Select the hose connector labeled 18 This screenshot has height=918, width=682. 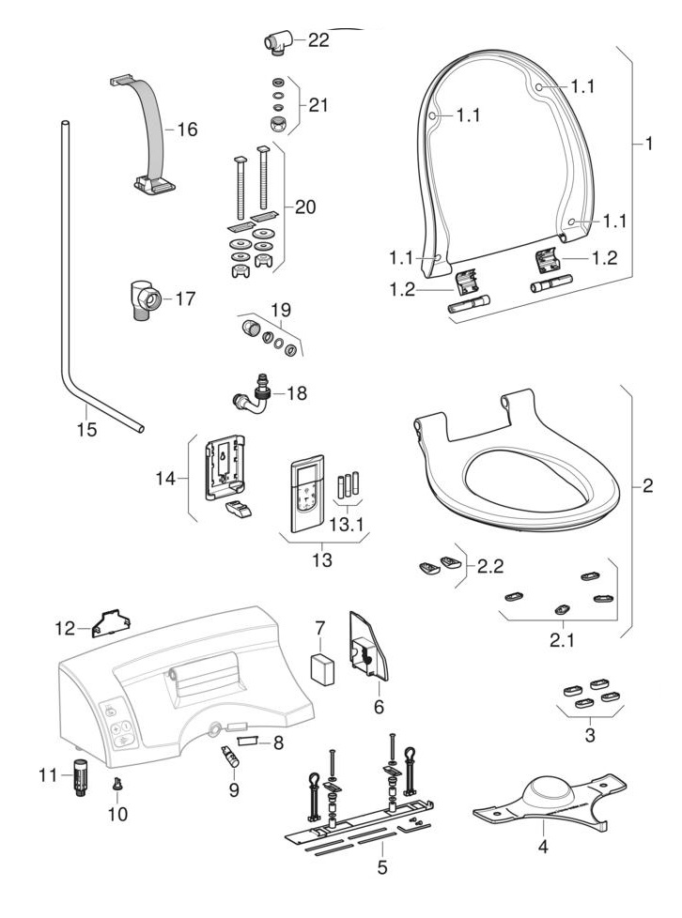tap(252, 395)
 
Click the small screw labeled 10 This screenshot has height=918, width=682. tap(116, 785)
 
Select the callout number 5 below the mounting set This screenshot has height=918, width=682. tap(381, 867)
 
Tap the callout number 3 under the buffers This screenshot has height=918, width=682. tap(589, 736)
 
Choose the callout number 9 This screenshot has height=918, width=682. tap(234, 789)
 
